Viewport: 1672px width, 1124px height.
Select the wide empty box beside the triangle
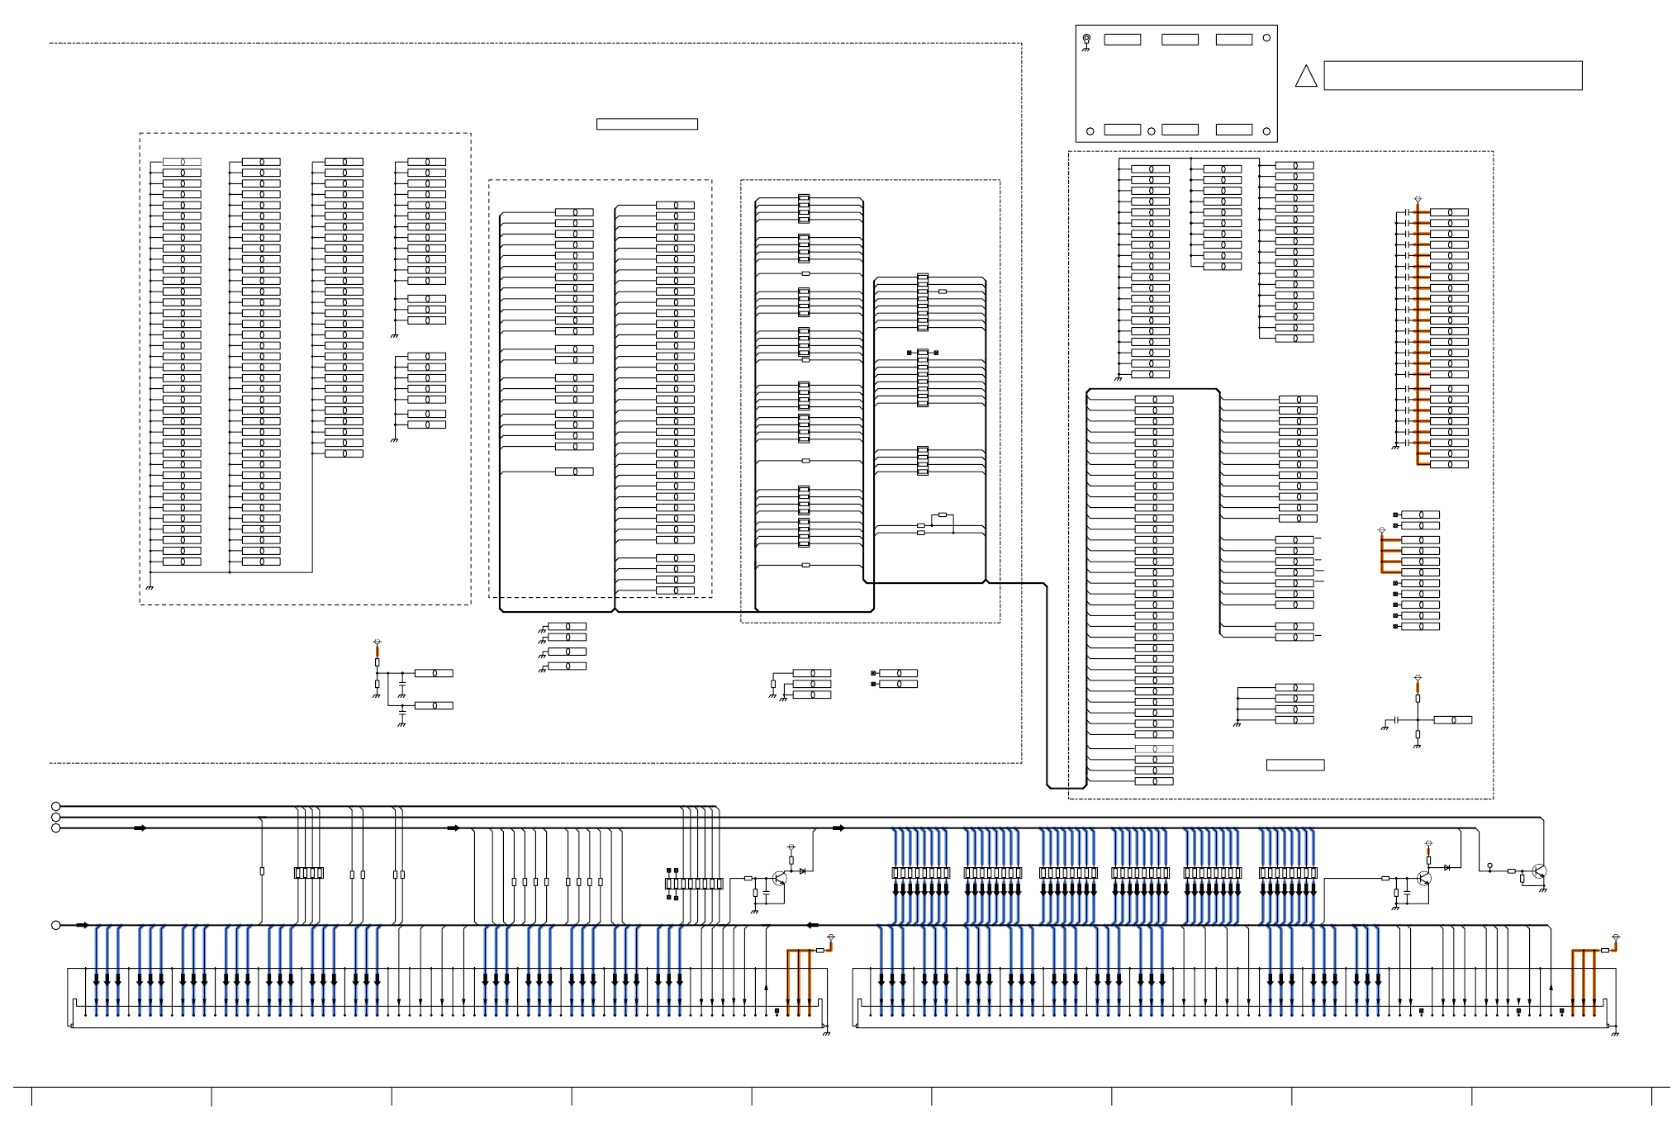pyautogui.click(x=1452, y=75)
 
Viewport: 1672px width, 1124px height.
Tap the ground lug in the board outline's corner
pyautogui.click(x=1086, y=39)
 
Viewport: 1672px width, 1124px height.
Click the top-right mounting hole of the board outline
pyautogui.click(x=1266, y=38)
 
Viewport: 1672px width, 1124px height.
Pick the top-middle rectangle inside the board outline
pyautogui.click(x=1180, y=40)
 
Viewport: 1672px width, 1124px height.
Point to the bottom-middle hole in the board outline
pyautogui.click(x=1151, y=131)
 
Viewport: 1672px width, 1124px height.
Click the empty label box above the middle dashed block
pyautogui.click(x=647, y=125)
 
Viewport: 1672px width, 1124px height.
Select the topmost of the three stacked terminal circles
pyautogui.click(x=55, y=807)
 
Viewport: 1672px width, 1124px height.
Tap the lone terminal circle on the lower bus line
pyautogui.click(x=55, y=926)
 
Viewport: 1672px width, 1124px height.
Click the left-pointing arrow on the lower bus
pyautogui.click(x=812, y=926)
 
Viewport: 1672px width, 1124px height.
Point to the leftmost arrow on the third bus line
pyautogui.click(x=140, y=828)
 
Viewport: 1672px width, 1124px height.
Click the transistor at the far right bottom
pyautogui.click(x=1538, y=871)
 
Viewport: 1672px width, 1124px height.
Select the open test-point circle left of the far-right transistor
pyautogui.click(x=1489, y=866)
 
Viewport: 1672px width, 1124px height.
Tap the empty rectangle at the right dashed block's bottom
pyautogui.click(x=1294, y=766)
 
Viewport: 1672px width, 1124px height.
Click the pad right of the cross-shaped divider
pyautogui.click(x=1452, y=720)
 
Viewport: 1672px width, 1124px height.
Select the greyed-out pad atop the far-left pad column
pyautogui.click(x=182, y=162)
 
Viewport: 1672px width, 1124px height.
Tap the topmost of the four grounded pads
pyautogui.click(x=567, y=627)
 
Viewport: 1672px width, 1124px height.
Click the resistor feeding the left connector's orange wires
pyautogui.click(x=819, y=951)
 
